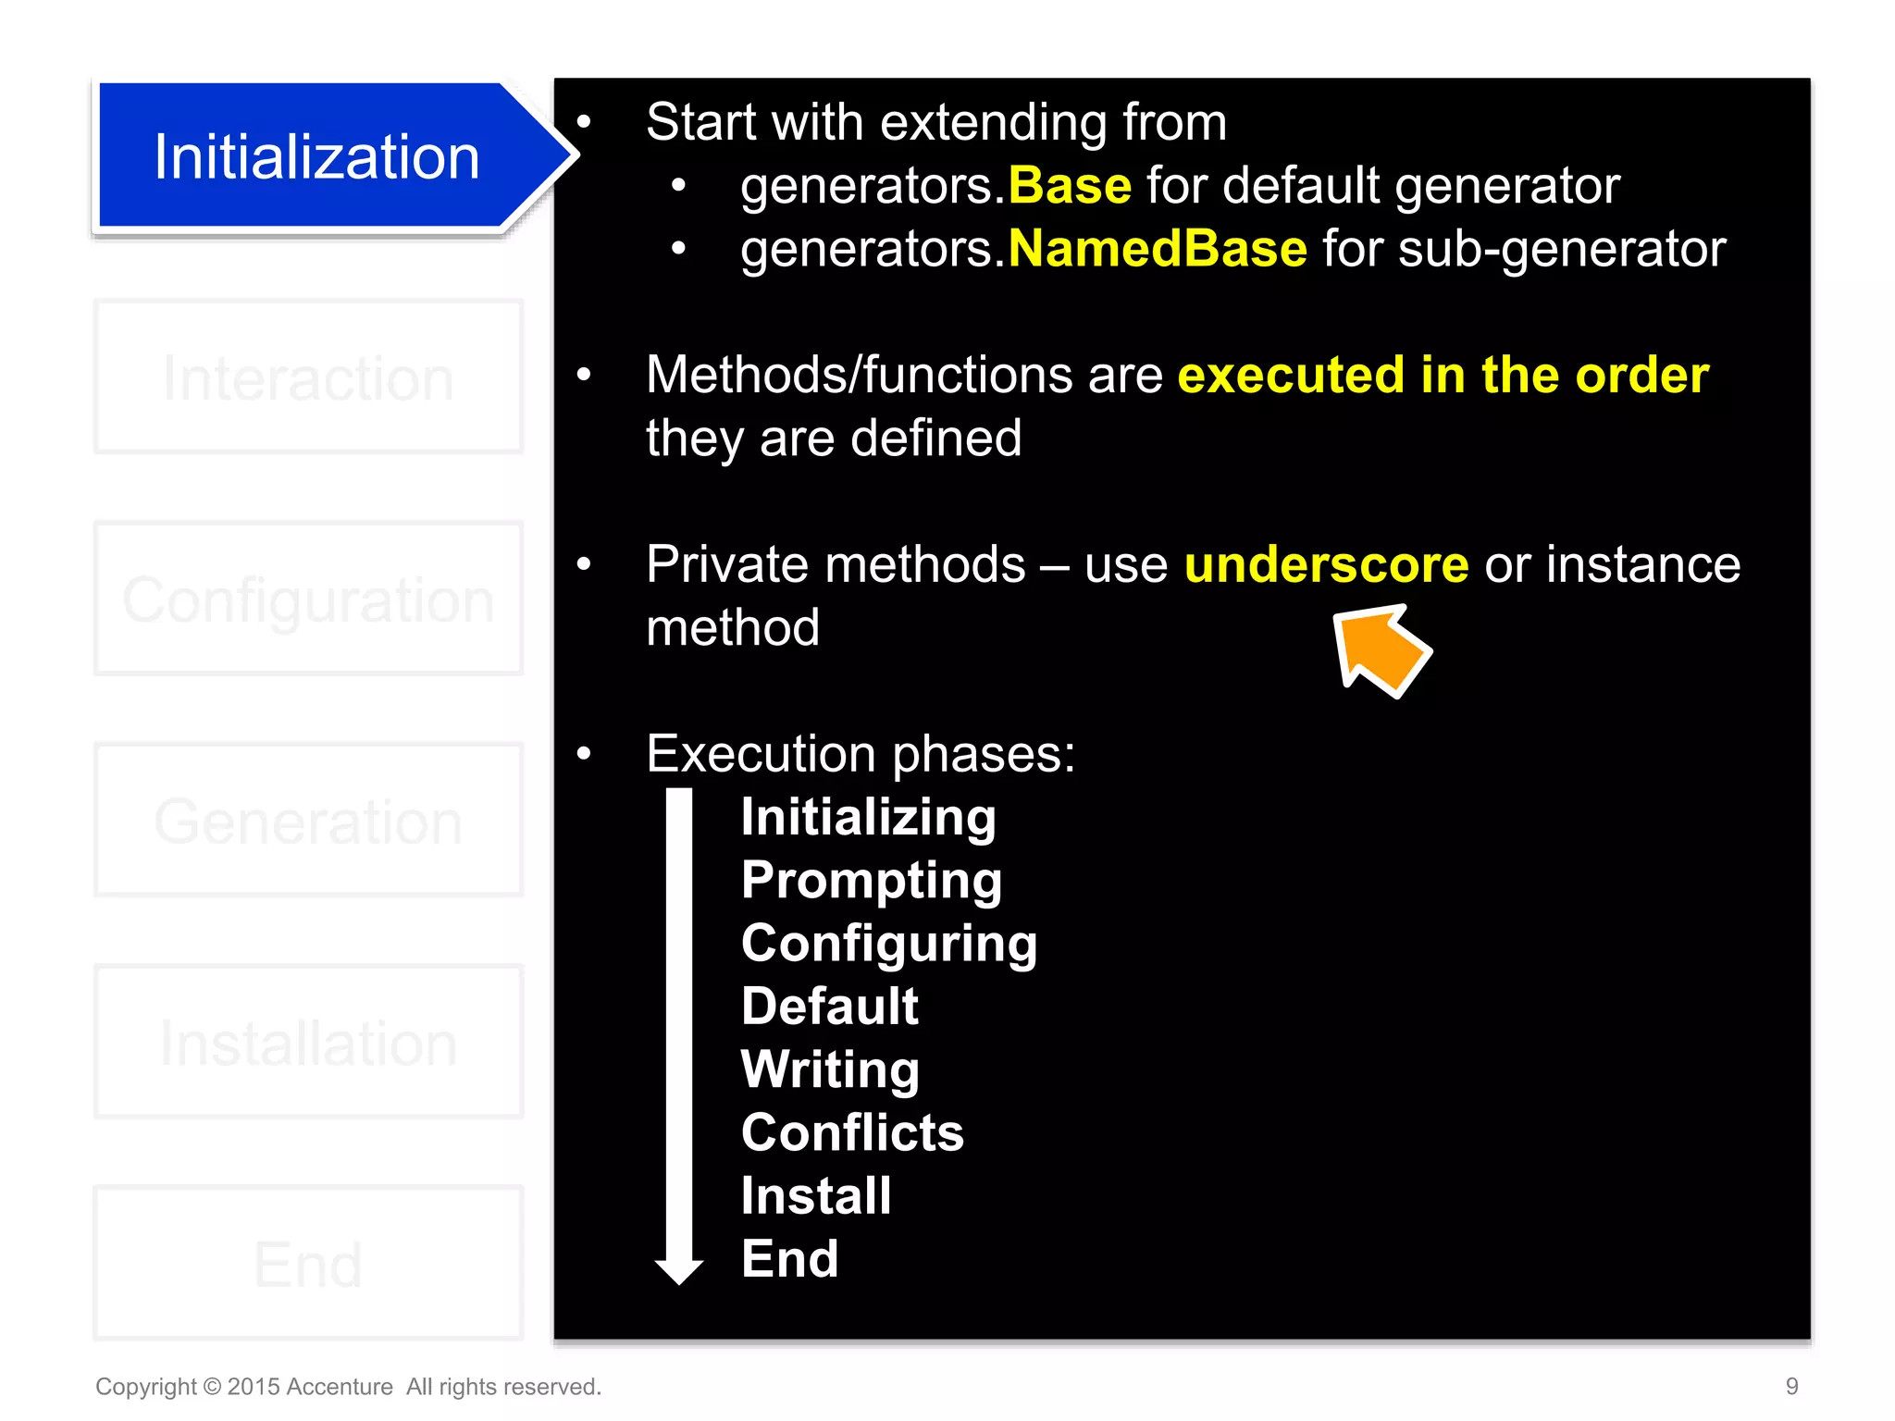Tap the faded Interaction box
[308, 377]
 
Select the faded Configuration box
[308, 599]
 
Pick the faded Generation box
[308, 821]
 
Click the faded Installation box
[308, 1043]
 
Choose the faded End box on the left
[308, 1264]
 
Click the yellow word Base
[1070, 186]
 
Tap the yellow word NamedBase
[1158, 249]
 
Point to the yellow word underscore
[1326, 564]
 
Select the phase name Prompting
[871, 880]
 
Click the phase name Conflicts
[852, 1132]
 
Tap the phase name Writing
[830, 1069]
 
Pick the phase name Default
[830, 1006]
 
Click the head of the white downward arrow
[679, 1269]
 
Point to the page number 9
[1791, 1386]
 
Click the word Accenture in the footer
[340, 1387]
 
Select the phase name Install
[816, 1195]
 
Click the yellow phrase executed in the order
[1443, 376]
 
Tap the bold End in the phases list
[789, 1259]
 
